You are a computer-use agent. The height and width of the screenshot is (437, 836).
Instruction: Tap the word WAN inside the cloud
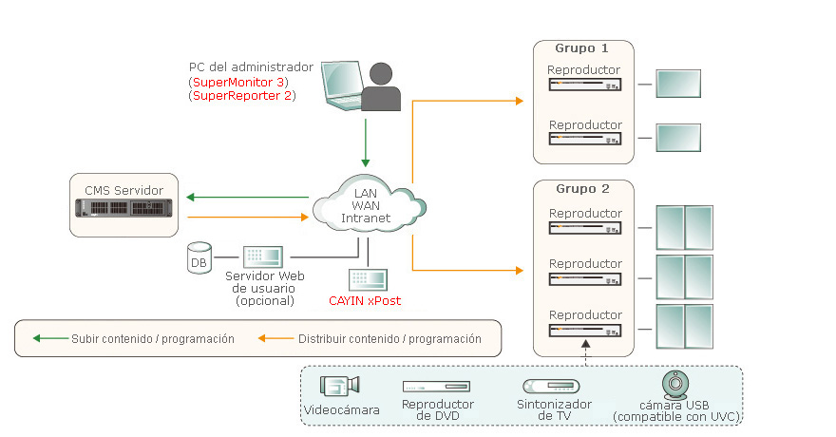tap(366, 206)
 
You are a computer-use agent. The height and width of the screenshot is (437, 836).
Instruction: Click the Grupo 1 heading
tap(582, 47)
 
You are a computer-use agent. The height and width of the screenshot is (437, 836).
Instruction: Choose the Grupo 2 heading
tap(582, 188)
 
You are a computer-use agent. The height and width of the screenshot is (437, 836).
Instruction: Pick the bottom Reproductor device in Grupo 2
tap(585, 329)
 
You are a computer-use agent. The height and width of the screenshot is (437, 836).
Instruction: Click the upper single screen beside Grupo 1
tap(678, 84)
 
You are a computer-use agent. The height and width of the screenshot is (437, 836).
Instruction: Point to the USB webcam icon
tap(674, 384)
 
